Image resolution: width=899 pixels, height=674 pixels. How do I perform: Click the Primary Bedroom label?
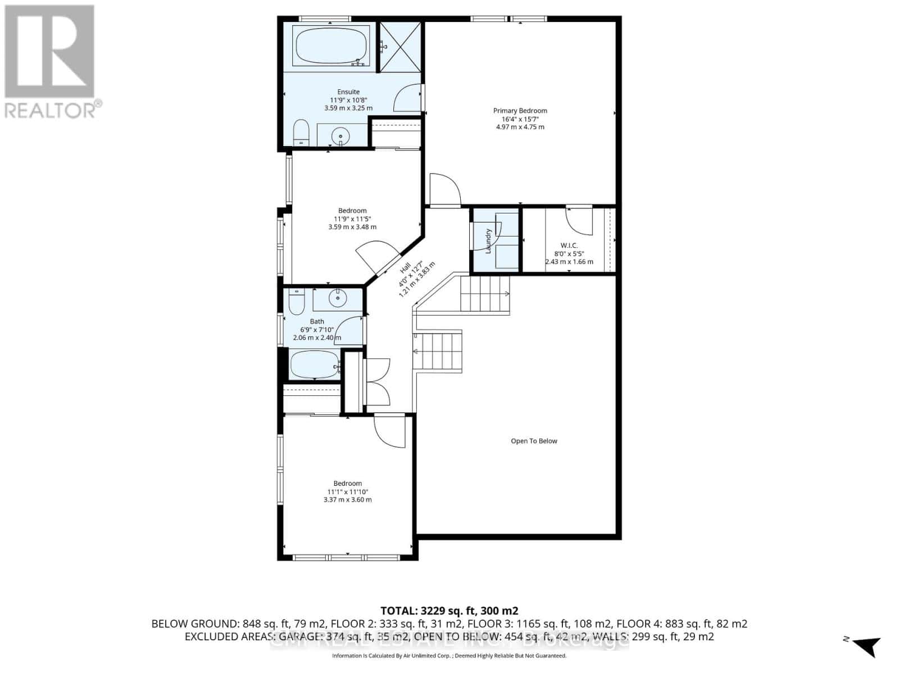520,119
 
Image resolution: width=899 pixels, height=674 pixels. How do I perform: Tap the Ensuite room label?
348,100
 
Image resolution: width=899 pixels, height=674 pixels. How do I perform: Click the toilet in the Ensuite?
301,132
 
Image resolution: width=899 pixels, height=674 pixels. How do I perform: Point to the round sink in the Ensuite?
340,136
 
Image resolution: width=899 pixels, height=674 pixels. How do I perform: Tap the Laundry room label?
488,240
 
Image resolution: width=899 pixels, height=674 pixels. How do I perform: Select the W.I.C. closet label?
569,253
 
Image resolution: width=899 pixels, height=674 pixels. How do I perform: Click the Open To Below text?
534,441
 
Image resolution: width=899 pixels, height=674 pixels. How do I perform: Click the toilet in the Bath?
296,303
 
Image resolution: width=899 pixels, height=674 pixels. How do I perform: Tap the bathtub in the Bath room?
314,365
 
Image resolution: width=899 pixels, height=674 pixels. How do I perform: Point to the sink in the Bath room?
338,299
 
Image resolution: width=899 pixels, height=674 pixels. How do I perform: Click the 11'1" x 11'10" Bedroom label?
347,491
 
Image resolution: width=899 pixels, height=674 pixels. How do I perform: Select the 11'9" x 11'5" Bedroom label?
352,219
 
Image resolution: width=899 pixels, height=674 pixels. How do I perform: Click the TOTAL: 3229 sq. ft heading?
449,611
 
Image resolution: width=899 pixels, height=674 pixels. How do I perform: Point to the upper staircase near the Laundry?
485,293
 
